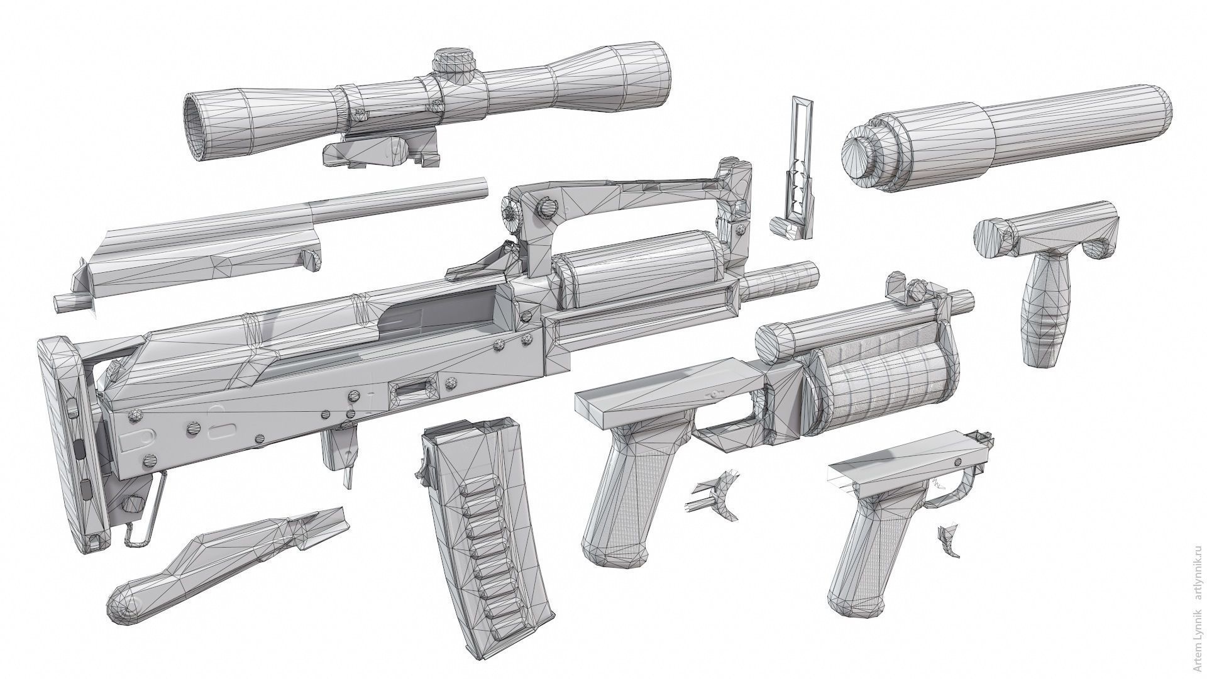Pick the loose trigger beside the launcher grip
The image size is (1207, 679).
pos(717,497)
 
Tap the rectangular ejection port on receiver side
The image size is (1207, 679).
pos(412,390)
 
